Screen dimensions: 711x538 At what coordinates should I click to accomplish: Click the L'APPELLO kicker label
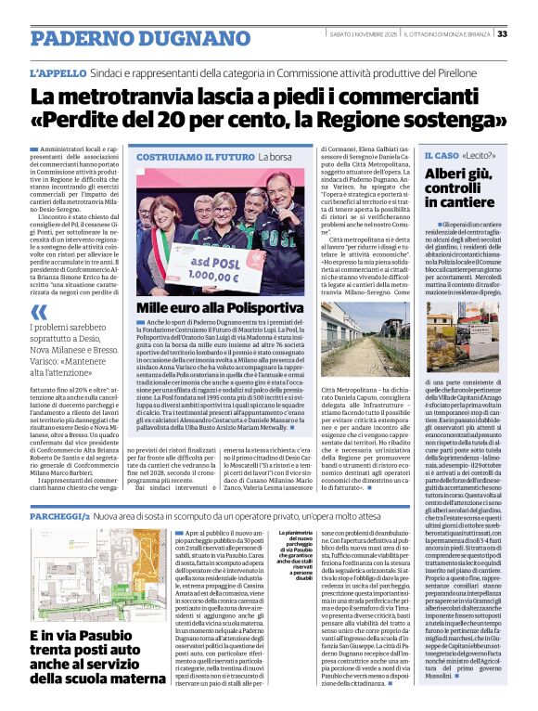[x=60, y=71]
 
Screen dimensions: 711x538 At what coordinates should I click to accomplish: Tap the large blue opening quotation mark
[x=38, y=311]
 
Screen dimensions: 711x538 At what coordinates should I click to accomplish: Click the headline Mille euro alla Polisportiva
[x=219, y=307]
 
